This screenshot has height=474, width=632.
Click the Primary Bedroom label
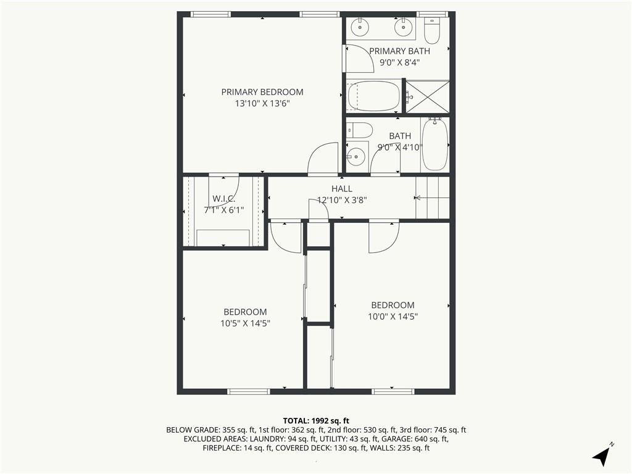click(x=262, y=92)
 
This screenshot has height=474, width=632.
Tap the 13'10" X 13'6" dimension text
click(x=262, y=104)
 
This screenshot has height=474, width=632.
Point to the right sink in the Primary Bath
click(x=402, y=27)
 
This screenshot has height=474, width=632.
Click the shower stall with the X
click(x=427, y=97)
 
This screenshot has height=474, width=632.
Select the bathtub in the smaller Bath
click(x=434, y=144)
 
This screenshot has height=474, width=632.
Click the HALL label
click(x=342, y=189)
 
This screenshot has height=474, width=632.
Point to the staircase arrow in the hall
click(x=432, y=198)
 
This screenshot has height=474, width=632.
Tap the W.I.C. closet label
click(x=223, y=199)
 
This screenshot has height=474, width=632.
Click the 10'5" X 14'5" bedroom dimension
click(x=245, y=323)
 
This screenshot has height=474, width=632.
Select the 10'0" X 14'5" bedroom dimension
click(x=393, y=317)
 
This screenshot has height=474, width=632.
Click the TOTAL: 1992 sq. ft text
click(x=316, y=421)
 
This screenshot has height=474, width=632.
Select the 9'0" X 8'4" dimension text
click(x=400, y=62)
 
